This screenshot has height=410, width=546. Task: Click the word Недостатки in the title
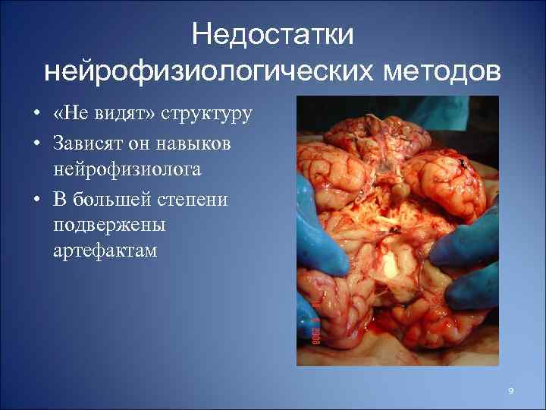point(273,34)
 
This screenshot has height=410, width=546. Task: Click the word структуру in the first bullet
point(206,115)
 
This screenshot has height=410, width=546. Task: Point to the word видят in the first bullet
point(127,115)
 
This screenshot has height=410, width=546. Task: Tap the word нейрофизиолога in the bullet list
point(127,169)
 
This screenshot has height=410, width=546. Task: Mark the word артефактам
point(106,251)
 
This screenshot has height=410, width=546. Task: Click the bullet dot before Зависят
point(36,143)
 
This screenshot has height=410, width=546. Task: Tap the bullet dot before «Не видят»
point(36,115)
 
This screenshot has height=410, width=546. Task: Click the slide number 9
point(511,390)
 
